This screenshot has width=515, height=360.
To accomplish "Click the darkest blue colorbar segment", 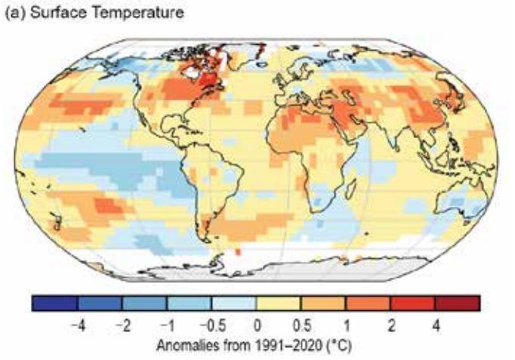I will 54,304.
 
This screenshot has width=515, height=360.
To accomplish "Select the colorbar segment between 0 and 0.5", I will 279,304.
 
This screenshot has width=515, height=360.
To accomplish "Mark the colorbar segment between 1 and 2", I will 368,304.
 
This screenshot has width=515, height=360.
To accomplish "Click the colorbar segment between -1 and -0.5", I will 189,304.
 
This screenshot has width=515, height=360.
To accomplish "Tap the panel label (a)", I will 16,13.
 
